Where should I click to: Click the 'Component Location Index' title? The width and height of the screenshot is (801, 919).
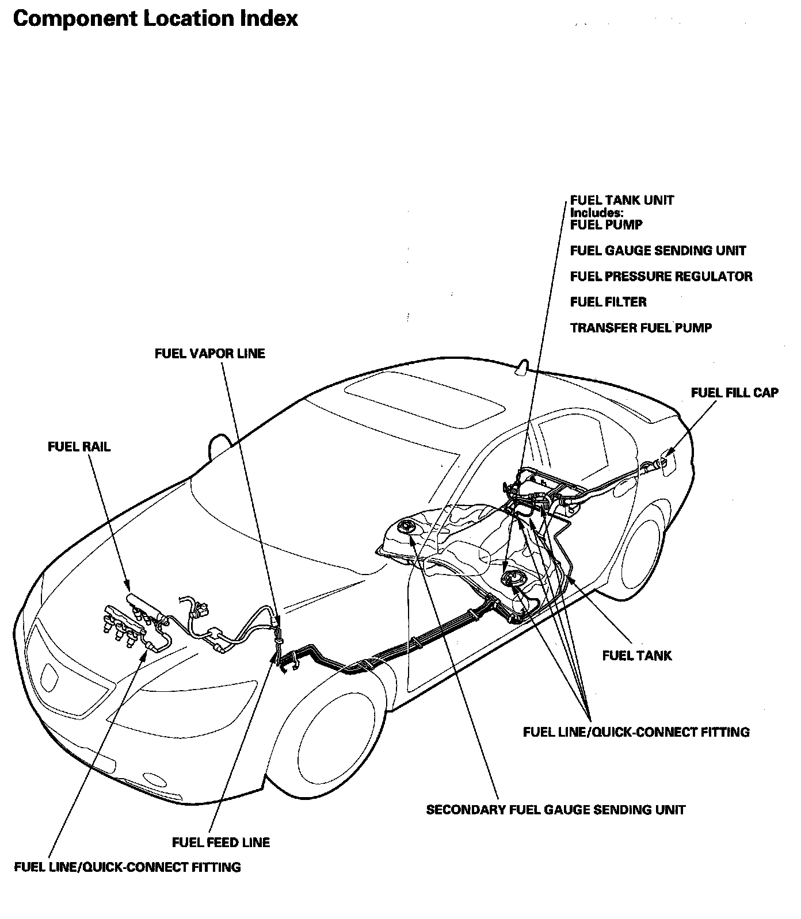(x=155, y=19)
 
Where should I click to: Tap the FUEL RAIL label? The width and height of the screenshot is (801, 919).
(x=79, y=447)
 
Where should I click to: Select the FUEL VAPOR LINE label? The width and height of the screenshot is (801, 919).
(x=210, y=353)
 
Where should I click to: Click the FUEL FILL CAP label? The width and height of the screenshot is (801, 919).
(x=734, y=393)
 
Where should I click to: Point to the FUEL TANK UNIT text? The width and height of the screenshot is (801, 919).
(x=621, y=200)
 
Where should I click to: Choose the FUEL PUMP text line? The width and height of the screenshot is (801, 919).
(x=606, y=225)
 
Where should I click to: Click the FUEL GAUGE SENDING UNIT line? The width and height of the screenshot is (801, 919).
(x=658, y=251)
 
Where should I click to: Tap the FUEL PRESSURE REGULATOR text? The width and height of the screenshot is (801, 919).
(x=661, y=277)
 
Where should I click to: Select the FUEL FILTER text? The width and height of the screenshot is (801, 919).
(x=608, y=302)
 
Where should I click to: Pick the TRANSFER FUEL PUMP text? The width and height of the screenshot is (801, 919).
(x=641, y=328)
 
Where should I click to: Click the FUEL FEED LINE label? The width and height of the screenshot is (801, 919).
(x=221, y=843)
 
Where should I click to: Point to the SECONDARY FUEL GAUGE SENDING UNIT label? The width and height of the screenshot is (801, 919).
(x=555, y=810)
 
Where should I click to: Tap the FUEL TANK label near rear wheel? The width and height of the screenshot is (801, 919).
(x=636, y=656)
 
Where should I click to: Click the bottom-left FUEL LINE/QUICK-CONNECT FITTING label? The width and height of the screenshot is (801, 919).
(x=127, y=867)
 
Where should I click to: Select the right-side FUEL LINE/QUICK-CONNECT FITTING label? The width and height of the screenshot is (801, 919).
(x=636, y=732)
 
